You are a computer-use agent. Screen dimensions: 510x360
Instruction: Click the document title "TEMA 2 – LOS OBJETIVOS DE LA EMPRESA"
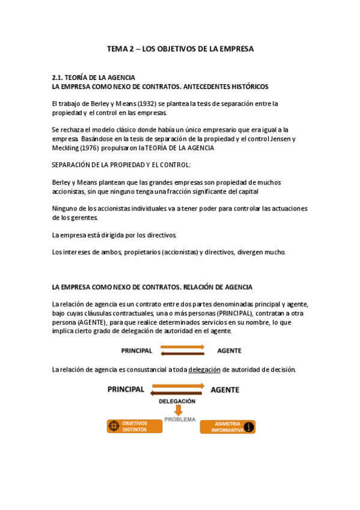point(180,49)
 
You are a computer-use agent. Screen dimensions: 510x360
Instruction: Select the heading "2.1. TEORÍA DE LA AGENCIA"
point(93,78)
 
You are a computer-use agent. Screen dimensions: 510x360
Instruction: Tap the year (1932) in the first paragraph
point(129,103)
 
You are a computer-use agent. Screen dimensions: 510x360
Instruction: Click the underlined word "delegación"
point(205,369)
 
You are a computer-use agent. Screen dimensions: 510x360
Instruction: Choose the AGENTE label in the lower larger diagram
point(225,390)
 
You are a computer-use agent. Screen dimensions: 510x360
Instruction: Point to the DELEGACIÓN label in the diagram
point(177,401)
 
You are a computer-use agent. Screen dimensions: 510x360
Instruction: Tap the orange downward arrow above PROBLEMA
point(178,410)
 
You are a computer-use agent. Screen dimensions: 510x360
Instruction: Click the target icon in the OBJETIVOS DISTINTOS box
point(114,426)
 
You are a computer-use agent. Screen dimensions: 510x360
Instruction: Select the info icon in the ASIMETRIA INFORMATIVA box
point(249,427)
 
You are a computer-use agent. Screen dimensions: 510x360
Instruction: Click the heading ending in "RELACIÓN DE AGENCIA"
point(152,287)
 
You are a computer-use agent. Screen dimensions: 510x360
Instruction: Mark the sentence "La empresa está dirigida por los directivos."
point(114,235)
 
